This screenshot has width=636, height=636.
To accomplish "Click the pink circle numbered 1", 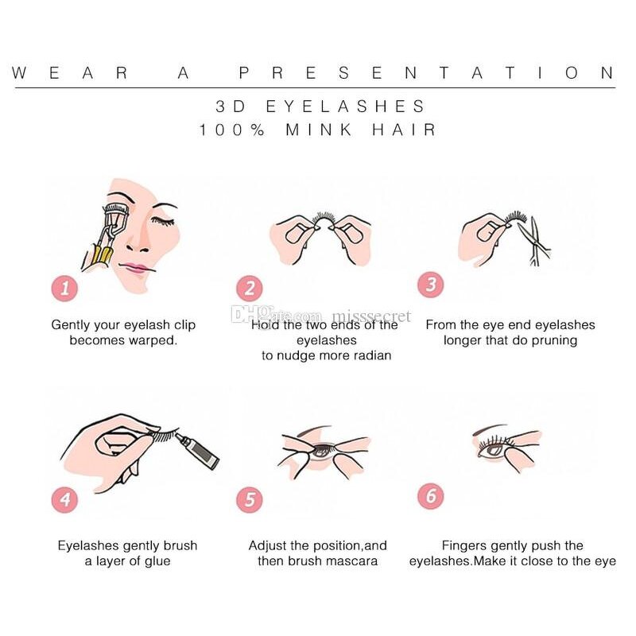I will [64, 287].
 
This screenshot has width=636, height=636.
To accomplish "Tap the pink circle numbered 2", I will [250, 288].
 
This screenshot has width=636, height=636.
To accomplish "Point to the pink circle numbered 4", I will [64, 499].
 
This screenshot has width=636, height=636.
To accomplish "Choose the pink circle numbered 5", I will [250, 500].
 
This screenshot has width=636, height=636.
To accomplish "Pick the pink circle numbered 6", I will [430, 497].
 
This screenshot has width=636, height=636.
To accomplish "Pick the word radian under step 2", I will [370, 355].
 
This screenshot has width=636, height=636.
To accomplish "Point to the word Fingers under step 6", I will [467, 545].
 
